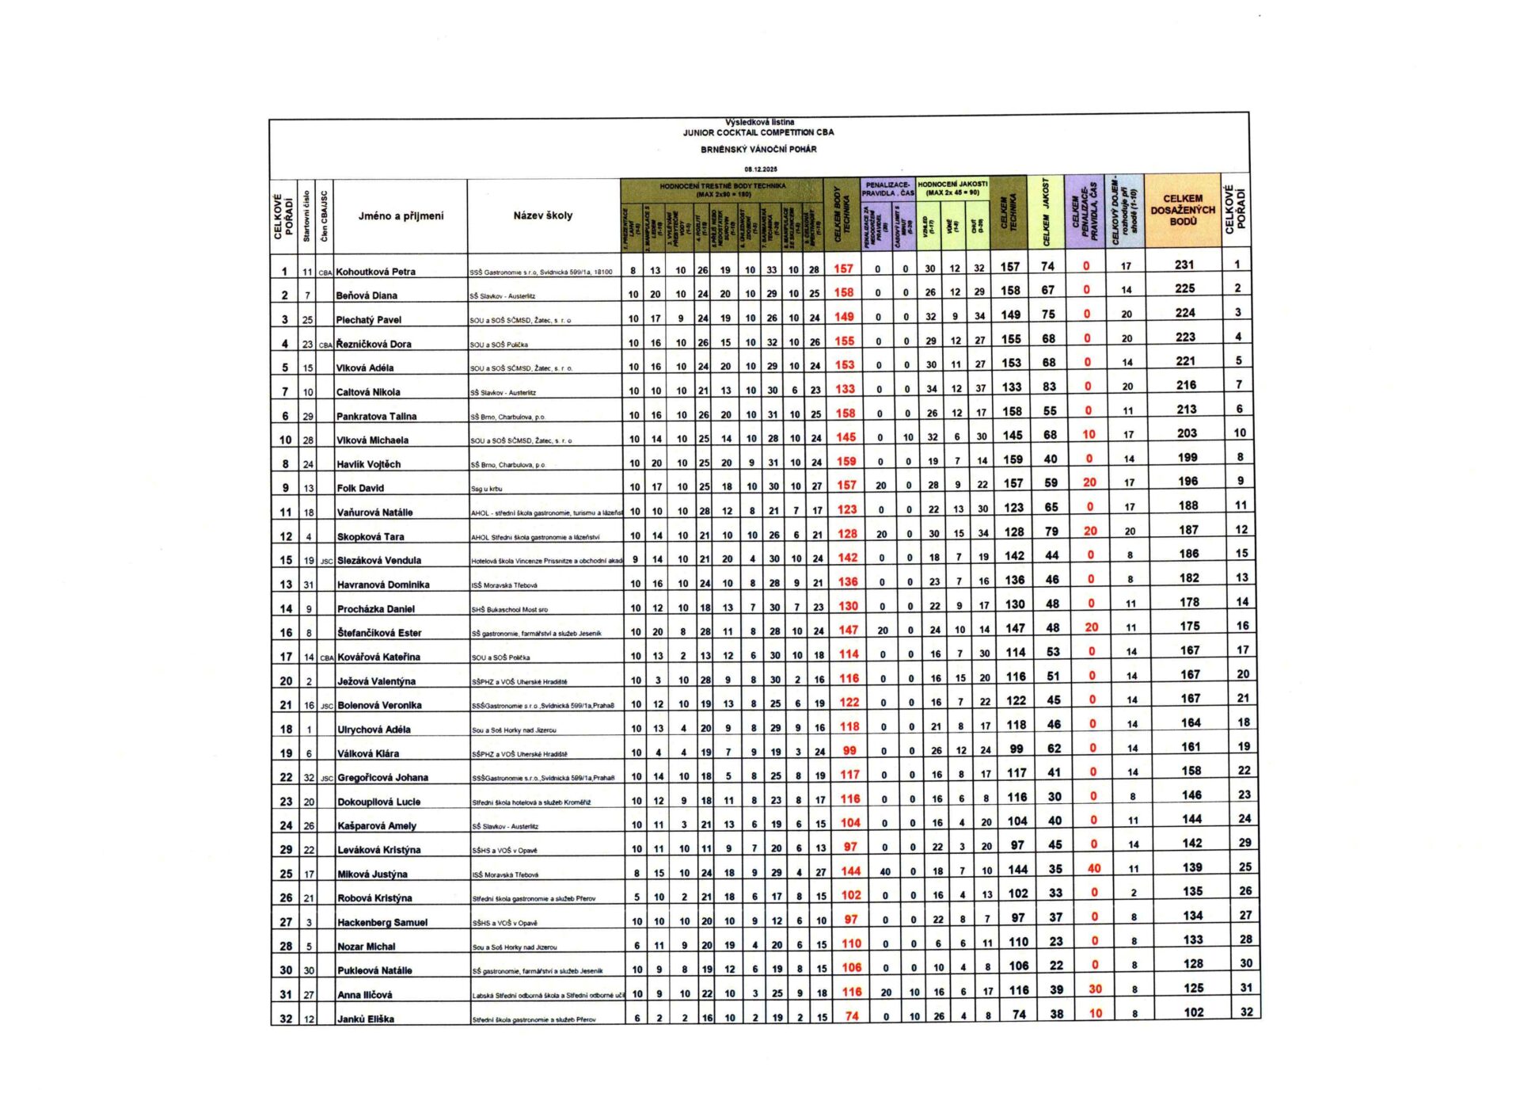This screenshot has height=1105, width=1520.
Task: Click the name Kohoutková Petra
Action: coord(375,272)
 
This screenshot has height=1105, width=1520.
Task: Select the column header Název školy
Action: coord(542,215)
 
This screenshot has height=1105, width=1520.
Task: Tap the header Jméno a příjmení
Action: coord(401,215)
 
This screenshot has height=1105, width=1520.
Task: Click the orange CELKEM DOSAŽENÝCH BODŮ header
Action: coord(1183,210)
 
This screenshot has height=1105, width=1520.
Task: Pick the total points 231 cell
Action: coord(1184,265)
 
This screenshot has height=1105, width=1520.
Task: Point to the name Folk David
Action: coord(360,488)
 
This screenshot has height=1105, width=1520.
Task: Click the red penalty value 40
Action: coord(1093,868)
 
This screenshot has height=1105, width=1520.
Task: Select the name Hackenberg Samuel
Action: coord(382,922)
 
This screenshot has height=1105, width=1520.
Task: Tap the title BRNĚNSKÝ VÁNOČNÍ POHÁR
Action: coord(758,149)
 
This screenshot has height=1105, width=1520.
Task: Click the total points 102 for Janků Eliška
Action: coord(1194,1012)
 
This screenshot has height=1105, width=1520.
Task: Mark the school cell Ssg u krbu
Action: coord(487,489)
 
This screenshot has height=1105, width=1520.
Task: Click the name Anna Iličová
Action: coord(364,995)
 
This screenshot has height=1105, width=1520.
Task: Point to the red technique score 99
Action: coord(849,750)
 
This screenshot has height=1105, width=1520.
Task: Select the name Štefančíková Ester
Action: coord(379,633)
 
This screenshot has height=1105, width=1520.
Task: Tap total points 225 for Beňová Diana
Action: coord(1184,289)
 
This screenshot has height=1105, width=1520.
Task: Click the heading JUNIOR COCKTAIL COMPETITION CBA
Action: coord(758,132)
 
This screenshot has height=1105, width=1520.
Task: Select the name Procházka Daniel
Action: coord(376,609)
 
